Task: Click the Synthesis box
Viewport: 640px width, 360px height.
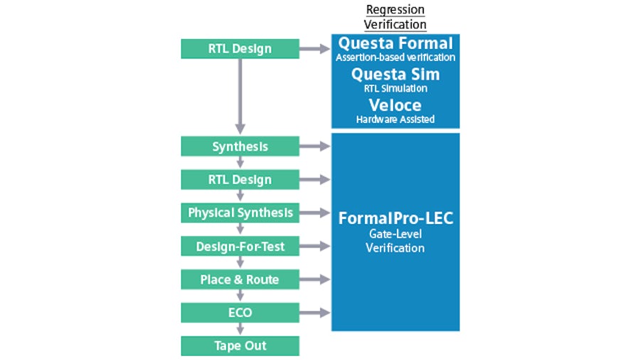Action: (x=240, y=147)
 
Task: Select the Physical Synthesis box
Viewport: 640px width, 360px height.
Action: (x=240, y=213)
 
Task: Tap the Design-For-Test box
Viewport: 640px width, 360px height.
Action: (x=240, y=246)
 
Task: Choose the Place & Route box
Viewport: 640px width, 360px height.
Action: (x=240, y=280)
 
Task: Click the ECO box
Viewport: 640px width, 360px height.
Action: (x=240, y=312)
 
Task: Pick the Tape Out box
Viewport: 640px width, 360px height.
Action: (x=240, y=346)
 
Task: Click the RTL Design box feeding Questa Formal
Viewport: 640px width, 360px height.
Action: (x=240, y=49)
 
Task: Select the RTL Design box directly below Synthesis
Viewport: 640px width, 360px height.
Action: (x=240, y=179)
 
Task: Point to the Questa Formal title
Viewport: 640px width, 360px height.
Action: (x=395, y=43)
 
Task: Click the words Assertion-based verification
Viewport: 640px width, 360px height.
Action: (x=395, y=57)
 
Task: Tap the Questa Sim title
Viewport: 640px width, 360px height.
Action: (x=395, y=74)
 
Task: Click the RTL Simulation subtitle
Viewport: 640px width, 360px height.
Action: (x=395, y=88)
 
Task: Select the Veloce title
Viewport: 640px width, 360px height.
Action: (x=395, y=105)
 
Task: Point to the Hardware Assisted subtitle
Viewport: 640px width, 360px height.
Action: (x=395, y=120)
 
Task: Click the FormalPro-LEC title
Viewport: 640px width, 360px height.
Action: (x=395, y=218)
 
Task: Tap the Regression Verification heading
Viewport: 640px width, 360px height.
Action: (x=395, y=17)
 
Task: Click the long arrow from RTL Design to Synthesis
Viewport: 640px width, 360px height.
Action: (x=240, y=96)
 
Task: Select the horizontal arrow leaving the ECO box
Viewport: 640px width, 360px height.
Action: (x=315, y=312)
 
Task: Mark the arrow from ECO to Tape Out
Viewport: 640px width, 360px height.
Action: (x=240, y=329)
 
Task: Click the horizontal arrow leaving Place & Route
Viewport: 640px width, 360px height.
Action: (x=315, y=280)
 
